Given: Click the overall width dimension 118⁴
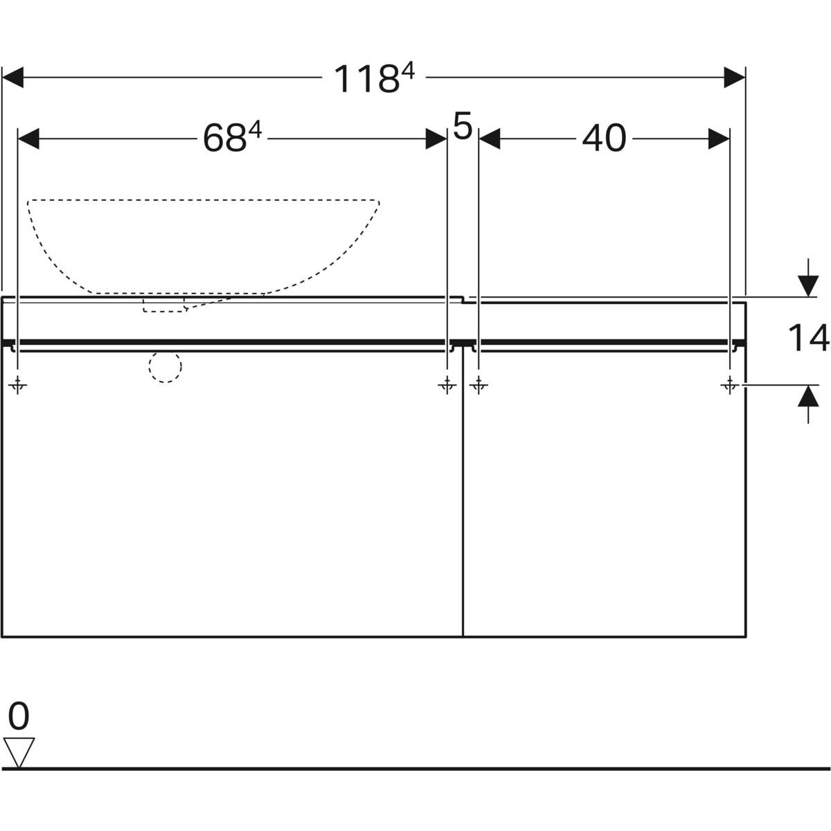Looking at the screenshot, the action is click(374, 78).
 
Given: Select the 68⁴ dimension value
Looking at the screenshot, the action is click(232, 137).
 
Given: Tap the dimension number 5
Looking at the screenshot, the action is click(463, 126).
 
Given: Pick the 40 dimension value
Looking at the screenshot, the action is click(604, 138).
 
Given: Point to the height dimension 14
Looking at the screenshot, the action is click(809, 337).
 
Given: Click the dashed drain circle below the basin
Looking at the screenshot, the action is click(166, 366).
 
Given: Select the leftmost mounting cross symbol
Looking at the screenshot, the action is click(17, 384).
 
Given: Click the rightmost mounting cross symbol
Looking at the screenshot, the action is click(730, 384).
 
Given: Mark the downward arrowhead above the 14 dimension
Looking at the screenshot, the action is click(807, 286).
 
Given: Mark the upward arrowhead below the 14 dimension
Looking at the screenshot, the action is click(807, 396).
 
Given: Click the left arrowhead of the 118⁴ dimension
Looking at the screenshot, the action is click(13, 78).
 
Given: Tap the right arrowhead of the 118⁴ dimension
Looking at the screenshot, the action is click(735, 78).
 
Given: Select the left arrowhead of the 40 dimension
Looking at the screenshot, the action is click(490, 139).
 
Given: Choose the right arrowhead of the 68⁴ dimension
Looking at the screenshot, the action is click(436, 139).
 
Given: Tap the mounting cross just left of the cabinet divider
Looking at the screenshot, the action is click(447, 384).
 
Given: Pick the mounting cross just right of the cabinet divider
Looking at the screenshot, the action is click(479, 384).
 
